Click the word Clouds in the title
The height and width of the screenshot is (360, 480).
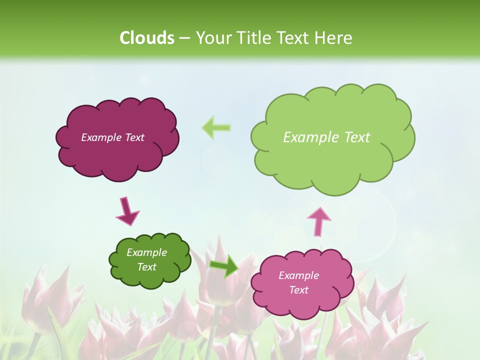click(146, 38)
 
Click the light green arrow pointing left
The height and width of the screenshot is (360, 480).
click(216, 127)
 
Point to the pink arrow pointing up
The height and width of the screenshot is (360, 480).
click(318, 221)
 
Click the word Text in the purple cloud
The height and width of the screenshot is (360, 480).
click(134, 137)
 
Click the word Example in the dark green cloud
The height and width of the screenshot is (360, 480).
click(147, 252)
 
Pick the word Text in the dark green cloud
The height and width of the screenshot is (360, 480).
click(147, 267)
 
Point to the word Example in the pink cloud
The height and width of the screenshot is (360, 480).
click(298, 275)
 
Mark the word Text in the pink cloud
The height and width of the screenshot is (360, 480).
click(298, 290)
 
